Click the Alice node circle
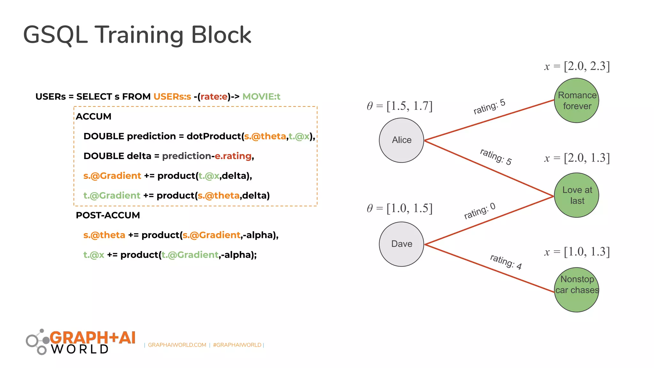[x=401, y=140]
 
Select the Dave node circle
[x=401, y=244]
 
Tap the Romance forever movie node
[x=576, y=100]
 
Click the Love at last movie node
[x=576, y=195]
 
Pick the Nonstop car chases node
[x=576, y=289]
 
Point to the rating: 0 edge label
[x=479, y=211]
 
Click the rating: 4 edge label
[x=506, y=262]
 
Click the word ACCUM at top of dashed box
[x=94, y=116]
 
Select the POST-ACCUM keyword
[x=108, y=215]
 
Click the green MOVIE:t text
[x=261, y=96]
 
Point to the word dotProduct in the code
[x=213, y=136]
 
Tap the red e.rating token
[x=233, y=156]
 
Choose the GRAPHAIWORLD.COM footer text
[x=177, y=345]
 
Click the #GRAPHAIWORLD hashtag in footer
[x=237, y=345]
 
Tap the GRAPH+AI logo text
[x=93, y=338]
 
